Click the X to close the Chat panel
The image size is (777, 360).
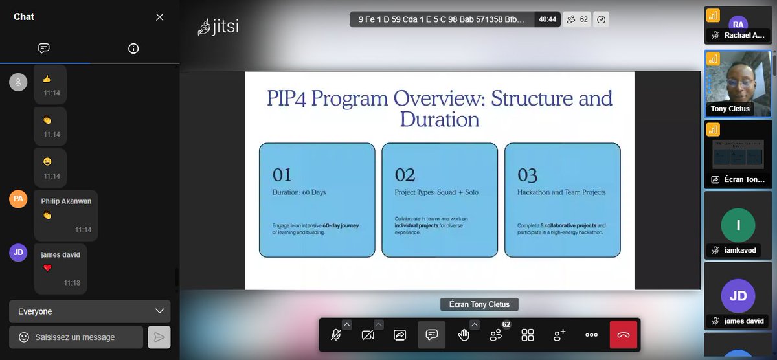click(159, 17)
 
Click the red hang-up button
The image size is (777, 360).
click(623, 335)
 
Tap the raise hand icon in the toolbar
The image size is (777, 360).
click(464, 335)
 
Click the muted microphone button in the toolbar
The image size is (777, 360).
click(336, 335)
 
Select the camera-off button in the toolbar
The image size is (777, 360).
click(368, 335)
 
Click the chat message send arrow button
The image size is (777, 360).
click(159, 337)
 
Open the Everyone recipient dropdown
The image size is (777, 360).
click(90, 311)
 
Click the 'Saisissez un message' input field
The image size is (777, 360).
click(76, 337)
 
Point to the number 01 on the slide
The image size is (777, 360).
click(282, 175)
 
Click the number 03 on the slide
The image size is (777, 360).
click(528, 175)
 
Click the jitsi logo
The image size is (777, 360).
click(218, 28)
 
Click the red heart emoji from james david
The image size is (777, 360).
click(47, 268)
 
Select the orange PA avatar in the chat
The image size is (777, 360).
click(18, 199)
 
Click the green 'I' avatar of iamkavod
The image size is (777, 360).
click(738, 225)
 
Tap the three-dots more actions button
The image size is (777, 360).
click(591, 335)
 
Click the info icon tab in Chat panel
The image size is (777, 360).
click(133, 49)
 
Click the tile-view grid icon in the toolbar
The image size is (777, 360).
click(528, 335)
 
